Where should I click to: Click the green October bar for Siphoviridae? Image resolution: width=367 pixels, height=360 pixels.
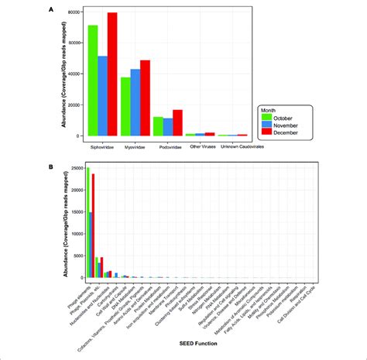[93, 81]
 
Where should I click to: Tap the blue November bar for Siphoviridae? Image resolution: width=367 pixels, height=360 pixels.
[102, 96]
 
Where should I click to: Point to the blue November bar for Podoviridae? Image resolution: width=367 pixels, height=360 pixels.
[167, 128]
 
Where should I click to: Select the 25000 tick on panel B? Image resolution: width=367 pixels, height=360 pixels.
[77, 168]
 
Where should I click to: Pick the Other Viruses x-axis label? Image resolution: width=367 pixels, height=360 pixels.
[200, 145]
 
